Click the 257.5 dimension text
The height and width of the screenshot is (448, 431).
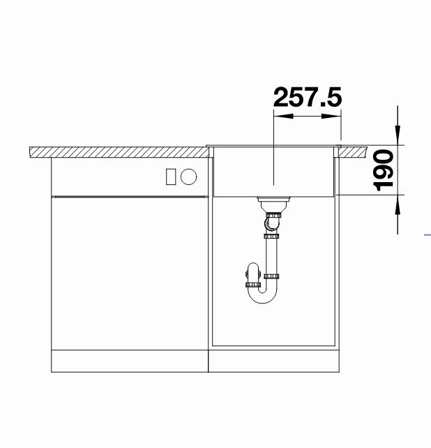308,97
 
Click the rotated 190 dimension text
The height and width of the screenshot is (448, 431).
384,170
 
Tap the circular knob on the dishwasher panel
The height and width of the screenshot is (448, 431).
188,177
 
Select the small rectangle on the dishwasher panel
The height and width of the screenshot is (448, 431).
170,177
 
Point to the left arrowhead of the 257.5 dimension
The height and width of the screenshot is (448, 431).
283,116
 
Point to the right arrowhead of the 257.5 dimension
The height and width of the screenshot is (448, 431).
331,116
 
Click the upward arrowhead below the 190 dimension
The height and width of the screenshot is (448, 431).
398,204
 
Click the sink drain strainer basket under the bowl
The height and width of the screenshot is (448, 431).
273,204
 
